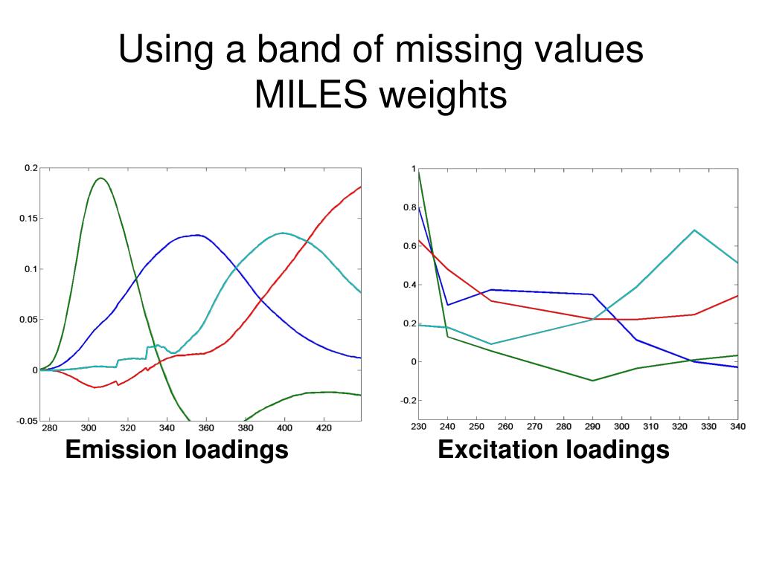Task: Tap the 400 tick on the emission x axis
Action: click(284, 429)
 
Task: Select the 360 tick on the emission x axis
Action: click(206, 429)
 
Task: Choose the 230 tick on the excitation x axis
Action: click(419, 427)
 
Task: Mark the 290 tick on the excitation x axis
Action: click(592, 427)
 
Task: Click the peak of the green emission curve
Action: click(100, 178)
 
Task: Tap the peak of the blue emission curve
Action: click(195, 235)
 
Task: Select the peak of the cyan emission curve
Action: click(283, 233)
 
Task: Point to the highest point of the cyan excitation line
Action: click(694, 230)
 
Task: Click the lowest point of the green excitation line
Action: click(592, 381)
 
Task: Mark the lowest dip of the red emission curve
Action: click(95, 387)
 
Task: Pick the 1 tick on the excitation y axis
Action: click(414, 169)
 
